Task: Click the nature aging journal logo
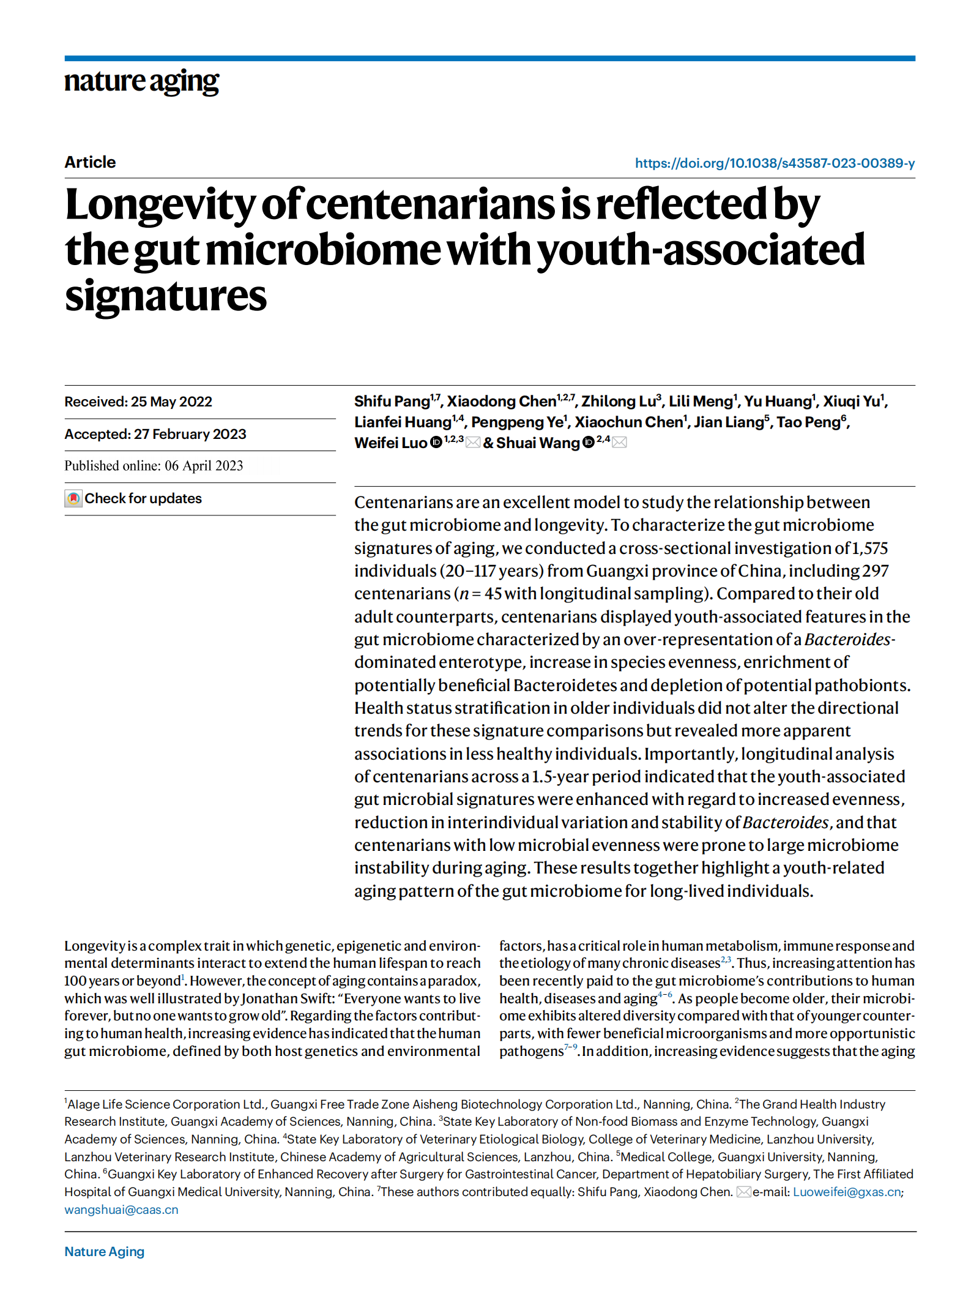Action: coord(141,81)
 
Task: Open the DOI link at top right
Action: coord(775,163)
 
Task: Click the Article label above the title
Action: coord(90,162)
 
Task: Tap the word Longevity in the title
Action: coord(160,205)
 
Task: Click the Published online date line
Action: coord(154,466)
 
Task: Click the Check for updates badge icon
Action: coord(73,499)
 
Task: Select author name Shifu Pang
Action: coord(392,402)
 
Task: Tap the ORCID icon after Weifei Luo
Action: coord(436,443)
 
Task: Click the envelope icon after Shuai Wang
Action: coord(619,443)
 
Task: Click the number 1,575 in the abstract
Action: coord(869,548)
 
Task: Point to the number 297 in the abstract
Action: coord(875,571)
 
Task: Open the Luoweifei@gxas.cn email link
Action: coord(847,1192)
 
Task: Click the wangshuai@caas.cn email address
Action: coord(121,1210)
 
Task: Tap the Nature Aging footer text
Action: coord(105,1252)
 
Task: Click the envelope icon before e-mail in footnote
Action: coord(743,1192)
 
